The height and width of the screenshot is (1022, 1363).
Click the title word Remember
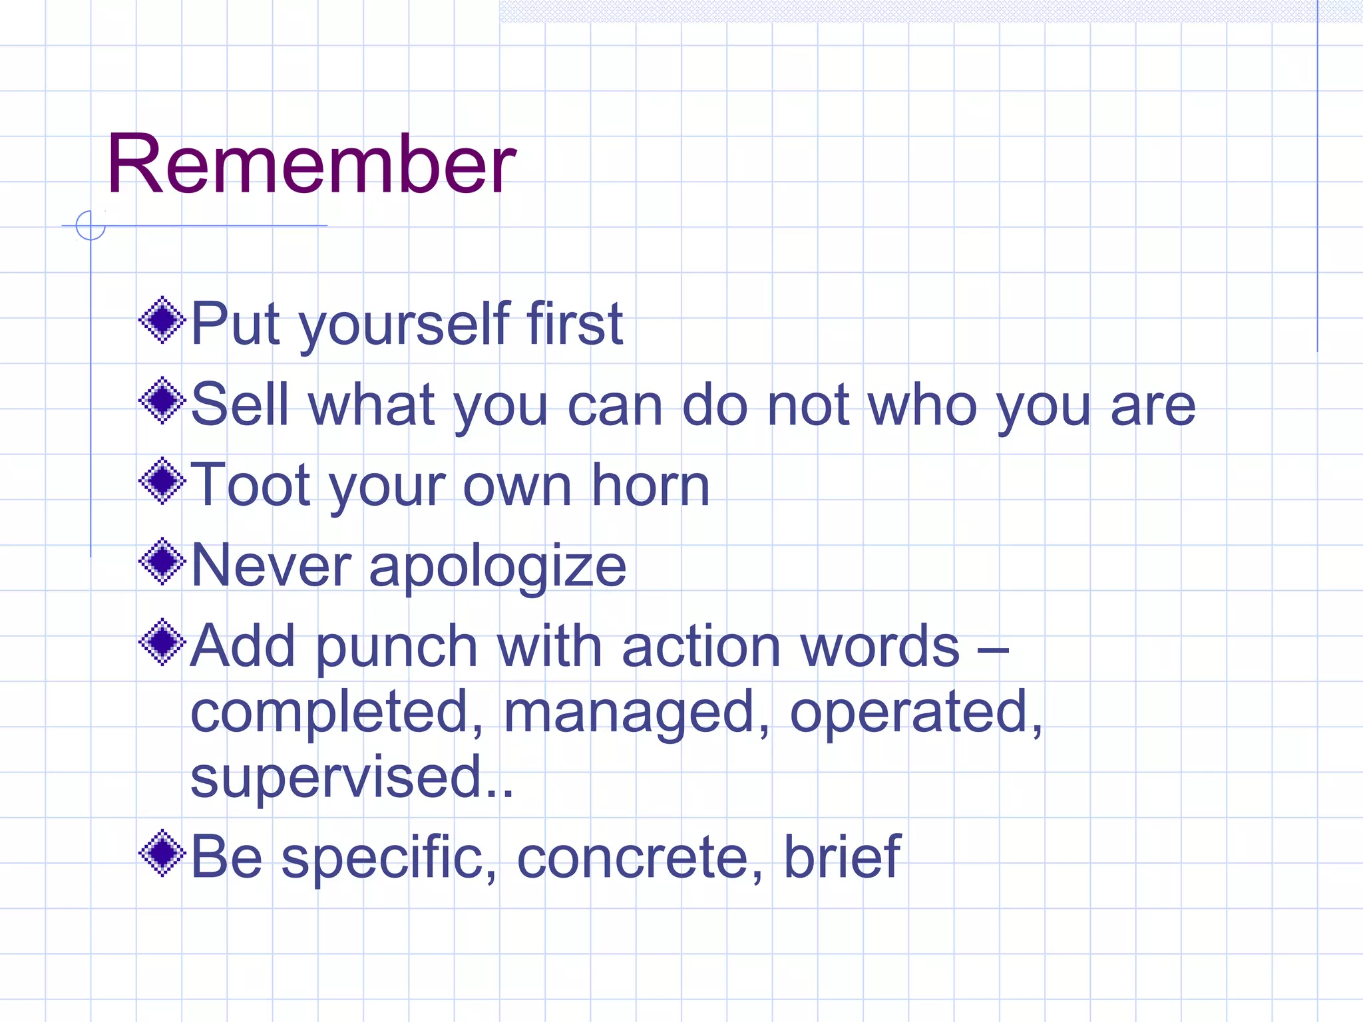tap(310, 164)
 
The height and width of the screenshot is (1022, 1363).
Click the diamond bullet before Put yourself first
tap(162, 321)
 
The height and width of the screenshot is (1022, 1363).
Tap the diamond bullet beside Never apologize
tap(162, 562)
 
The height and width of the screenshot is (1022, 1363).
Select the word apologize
tap(497, 568)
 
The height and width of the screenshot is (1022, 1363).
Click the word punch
tap(397, 647)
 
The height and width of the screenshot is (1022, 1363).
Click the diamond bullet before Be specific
tap(162, 853)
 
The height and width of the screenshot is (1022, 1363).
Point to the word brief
tap(842, 856)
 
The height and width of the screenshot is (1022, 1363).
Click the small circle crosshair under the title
tap(91, 226)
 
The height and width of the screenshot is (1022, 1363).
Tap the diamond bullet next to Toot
tap(162, 481)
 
